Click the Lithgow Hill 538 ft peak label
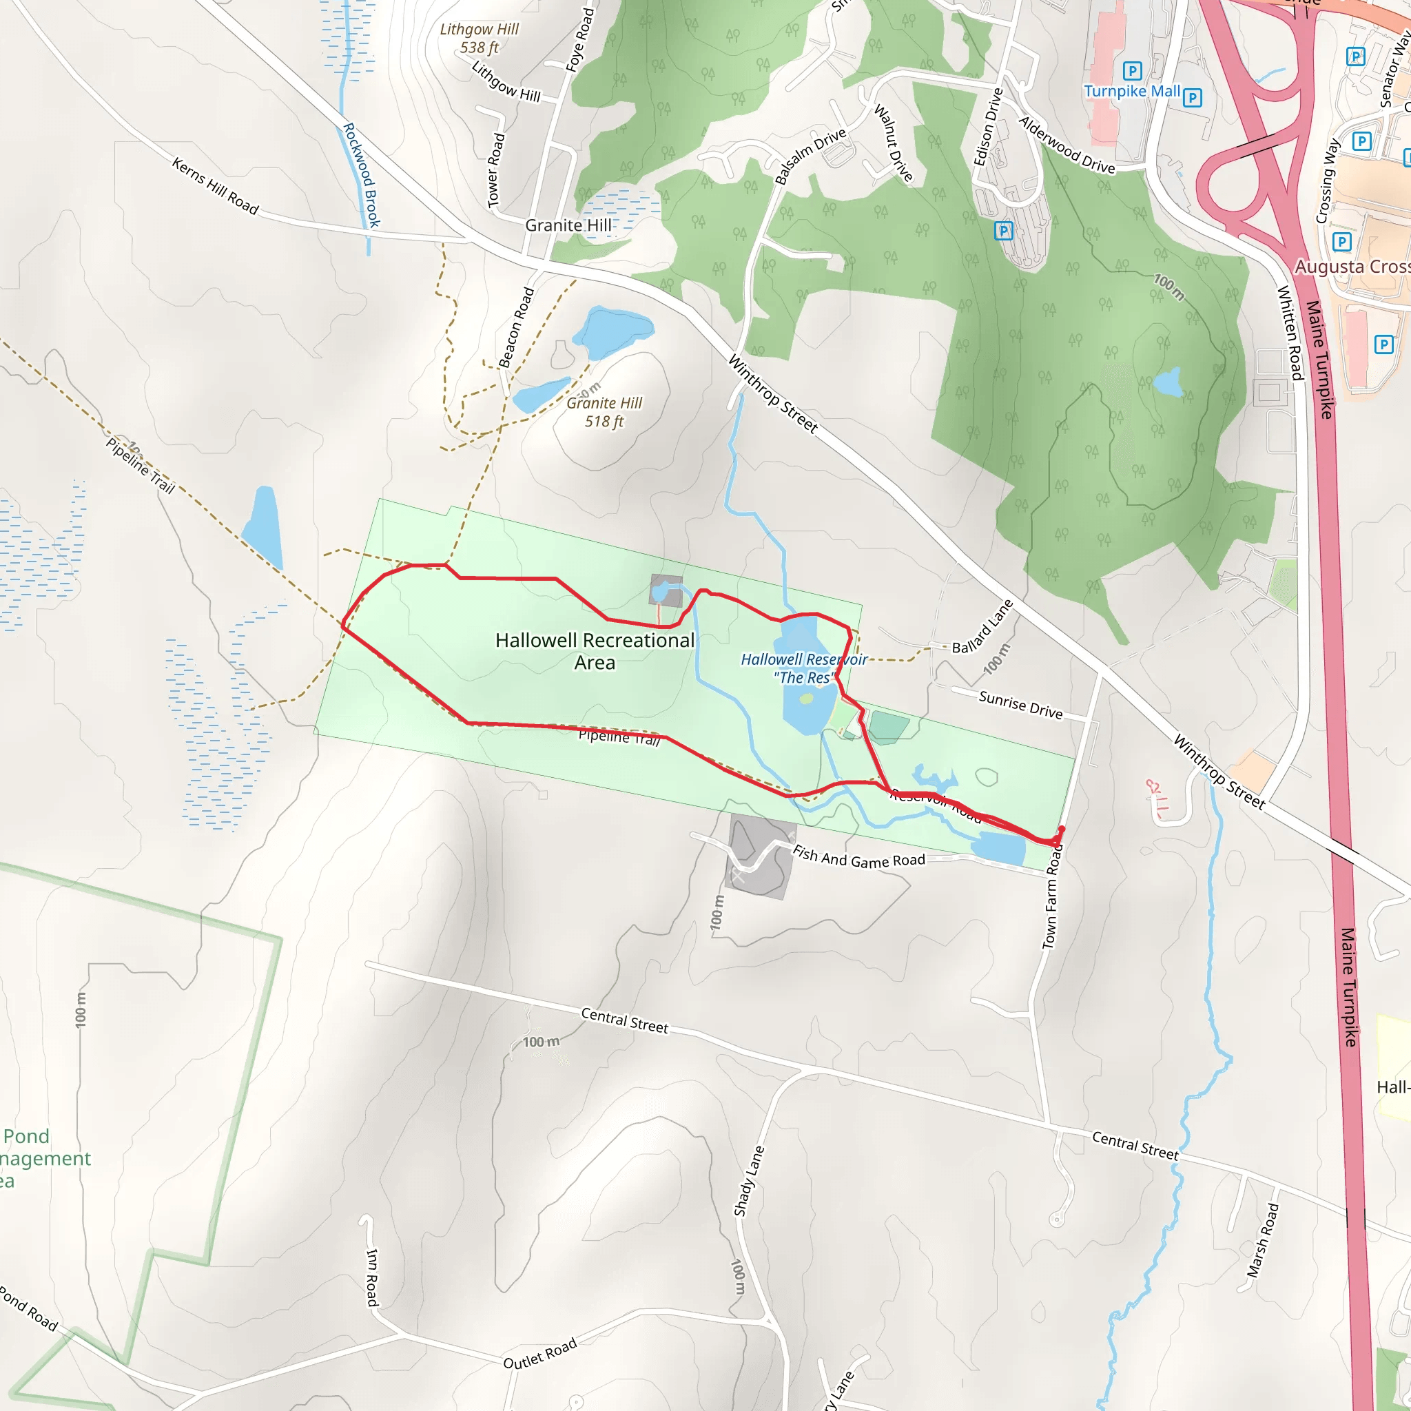pos(479,39)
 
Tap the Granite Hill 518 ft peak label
pos(604,412)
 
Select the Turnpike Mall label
pos(1131,92)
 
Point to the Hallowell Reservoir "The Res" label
pos(803,668)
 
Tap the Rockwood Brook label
pos(362,175)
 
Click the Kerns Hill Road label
pos(216,186)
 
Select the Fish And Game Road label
pos(859,856)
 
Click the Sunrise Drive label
pos(1020,705)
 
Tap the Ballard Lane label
pos(982,627)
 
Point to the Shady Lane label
pos(749,1182)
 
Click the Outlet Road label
pos(539,1353)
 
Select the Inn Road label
pos(372,1277)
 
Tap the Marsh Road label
pos(1263,1240)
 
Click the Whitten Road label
pos(1290,333)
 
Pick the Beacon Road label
pos(516,327)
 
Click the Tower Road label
pos(496,170)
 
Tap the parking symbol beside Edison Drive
pos(1003,231)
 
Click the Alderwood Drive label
pos(1067,145)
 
